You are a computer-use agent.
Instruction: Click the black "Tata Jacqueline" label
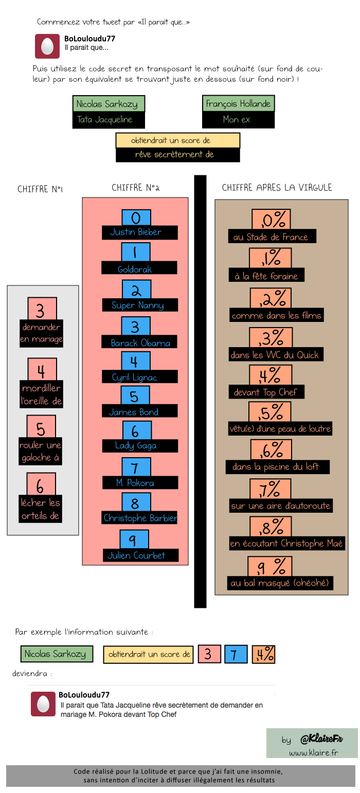pos(109,120)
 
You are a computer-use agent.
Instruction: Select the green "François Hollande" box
pos(238,104)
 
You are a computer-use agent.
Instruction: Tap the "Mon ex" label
pos(238,120)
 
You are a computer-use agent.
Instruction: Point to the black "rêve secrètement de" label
pos(177,154)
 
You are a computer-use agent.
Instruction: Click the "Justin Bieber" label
pos(139,232)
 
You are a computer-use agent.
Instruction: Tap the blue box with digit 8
pos(135,502)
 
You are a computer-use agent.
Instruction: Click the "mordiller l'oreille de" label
pos(42,394)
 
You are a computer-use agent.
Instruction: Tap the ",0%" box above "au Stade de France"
pos(272,220)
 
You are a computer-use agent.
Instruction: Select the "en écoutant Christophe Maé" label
pos(286,544)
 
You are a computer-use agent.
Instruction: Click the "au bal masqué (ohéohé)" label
pos(280,583)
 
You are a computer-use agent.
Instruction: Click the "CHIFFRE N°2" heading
pos(135,188)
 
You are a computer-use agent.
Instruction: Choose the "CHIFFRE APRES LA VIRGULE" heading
pos(277,188)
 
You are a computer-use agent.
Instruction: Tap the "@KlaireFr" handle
pos(321,739)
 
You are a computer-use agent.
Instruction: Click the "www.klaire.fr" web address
pos(313,753)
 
